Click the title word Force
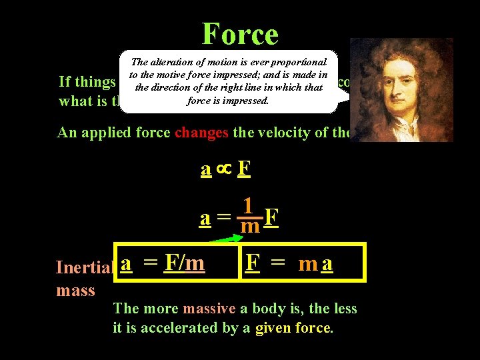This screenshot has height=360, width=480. tap(240, 33)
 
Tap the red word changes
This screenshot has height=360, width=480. tap(201, 133)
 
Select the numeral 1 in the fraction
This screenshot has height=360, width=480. tap(248, 206)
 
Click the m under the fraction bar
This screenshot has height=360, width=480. tap(250, 227)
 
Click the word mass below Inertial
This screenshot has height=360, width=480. tap(76, 291)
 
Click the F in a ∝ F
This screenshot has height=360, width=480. tap(244, 170)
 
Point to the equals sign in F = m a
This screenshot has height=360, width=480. tap(279, 264)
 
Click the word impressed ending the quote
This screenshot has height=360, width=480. tap(245, 101)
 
